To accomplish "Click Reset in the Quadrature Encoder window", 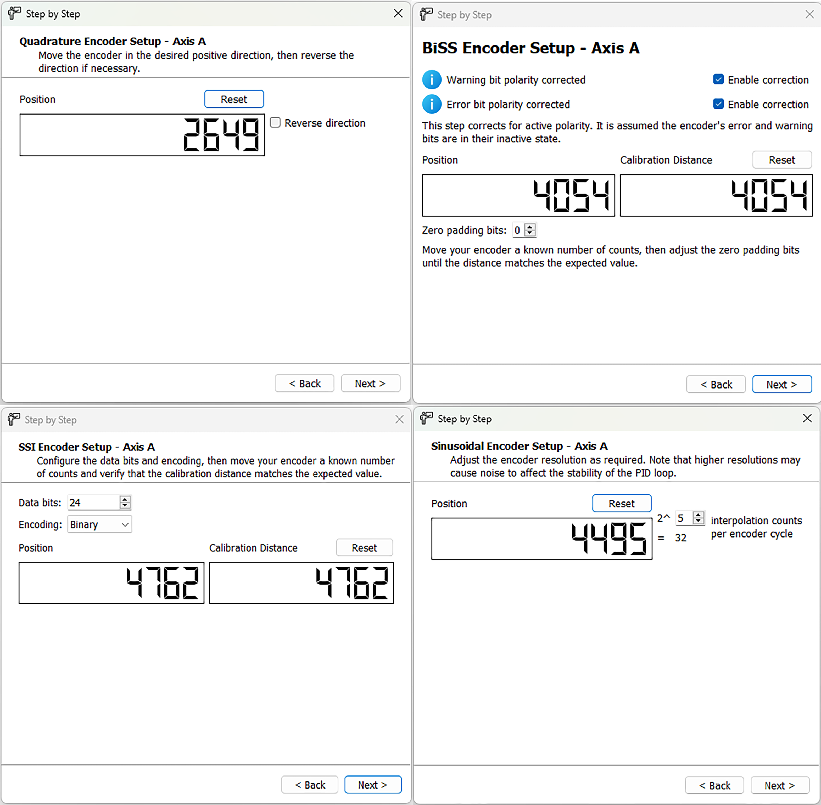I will [234, 99].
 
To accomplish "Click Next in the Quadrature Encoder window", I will [370, 384].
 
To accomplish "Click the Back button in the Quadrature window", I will [305, 384].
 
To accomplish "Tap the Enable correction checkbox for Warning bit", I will [718, 79].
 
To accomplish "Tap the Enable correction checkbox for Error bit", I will [718, 104].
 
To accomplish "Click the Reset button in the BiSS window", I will [782, 160].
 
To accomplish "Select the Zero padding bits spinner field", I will [518, 230].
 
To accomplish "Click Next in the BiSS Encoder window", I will [782, 384].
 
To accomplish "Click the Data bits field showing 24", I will [93, 503].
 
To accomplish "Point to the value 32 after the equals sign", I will [680, 538].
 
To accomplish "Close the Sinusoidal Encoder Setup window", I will [807, 419].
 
